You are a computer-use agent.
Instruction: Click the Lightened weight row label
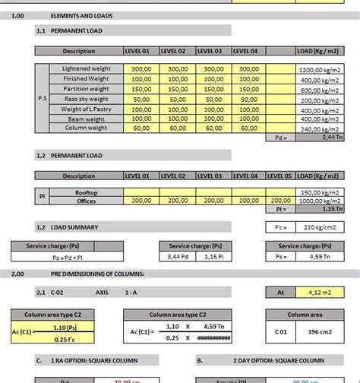point(85,68)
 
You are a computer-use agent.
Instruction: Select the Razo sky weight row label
point(85,99)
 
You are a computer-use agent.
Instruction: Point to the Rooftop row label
point(85,192)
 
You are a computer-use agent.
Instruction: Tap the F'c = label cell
point(279,227)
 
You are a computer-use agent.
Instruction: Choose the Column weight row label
point(85,128)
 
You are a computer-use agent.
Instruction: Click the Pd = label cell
point(279,138)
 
